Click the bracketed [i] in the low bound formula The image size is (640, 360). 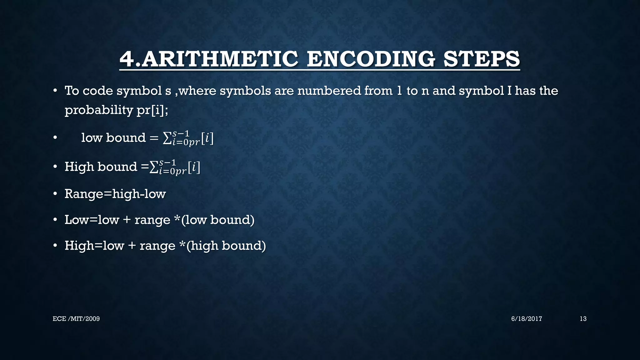[x=207, y=138]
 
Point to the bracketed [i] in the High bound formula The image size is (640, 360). [x=194, y=167]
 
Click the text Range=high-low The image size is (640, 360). [x=115, y=194]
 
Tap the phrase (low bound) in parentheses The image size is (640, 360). [x=218, y=220]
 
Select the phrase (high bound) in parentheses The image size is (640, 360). [x=226, y=246]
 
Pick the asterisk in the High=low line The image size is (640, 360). [x=182, y=245]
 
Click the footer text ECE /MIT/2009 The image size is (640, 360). [x=76, y=319]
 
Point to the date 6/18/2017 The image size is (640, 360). [x=527, y=319]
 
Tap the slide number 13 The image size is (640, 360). [x=583, y=319]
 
